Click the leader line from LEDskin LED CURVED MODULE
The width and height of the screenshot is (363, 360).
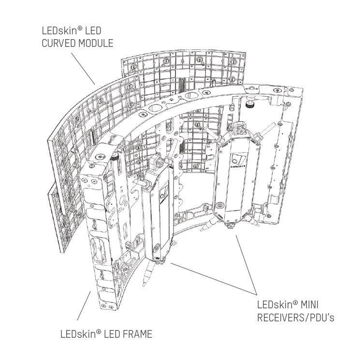[x=85, y=68]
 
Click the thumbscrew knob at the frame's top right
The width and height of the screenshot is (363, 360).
[x=250, y=105]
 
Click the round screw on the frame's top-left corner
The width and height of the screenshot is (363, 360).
[x=100, y=157]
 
